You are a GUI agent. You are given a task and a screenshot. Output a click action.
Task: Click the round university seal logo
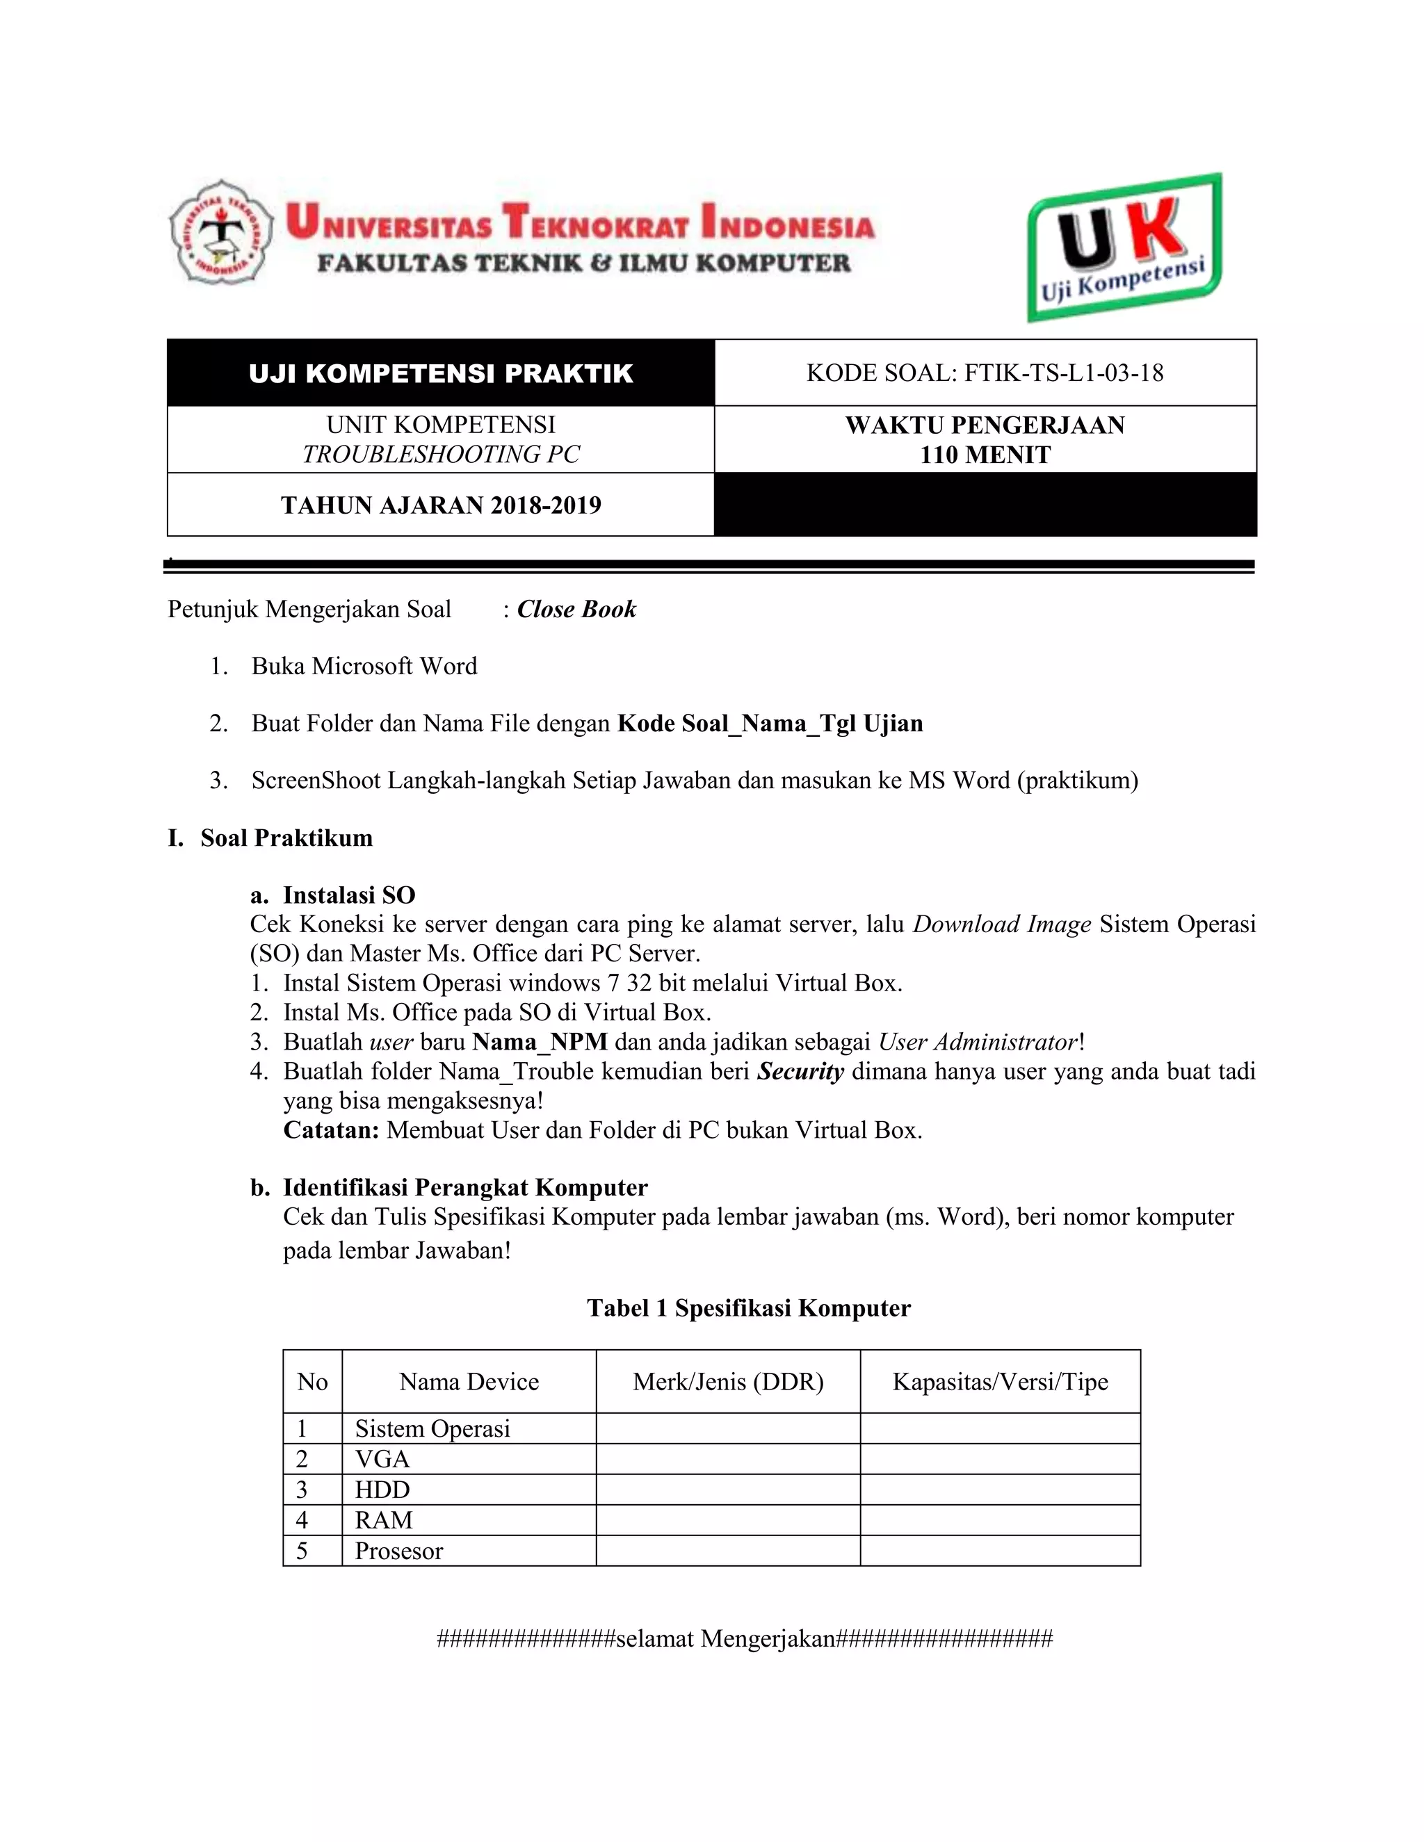point(222,232)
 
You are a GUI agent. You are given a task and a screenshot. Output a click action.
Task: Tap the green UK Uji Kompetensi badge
point(1124,247)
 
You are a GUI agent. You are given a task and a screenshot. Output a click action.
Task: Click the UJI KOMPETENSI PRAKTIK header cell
point(440,374)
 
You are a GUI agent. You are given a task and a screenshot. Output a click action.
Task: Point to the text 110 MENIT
point(985,455)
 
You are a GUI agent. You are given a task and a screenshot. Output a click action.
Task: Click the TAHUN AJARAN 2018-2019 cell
point(440,505)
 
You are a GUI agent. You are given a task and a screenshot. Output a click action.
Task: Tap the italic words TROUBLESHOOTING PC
point(440,454)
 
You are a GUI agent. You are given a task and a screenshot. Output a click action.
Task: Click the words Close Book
point(576,609)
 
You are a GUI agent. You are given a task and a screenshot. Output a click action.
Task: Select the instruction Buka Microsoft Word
point(364,667)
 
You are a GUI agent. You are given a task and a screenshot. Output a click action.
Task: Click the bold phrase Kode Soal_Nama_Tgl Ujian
point(770,724)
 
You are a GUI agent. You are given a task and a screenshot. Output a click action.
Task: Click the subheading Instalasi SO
point(348,895)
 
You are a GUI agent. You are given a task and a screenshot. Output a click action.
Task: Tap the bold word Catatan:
point(331,1130)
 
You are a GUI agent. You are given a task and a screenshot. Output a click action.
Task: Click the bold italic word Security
point(800,1071)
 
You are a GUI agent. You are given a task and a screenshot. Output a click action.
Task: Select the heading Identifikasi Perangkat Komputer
point(465,1187)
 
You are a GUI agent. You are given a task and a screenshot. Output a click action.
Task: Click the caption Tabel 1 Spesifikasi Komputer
point(748,1308)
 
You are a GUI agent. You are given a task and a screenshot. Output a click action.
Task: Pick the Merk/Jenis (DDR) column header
point(727,1382)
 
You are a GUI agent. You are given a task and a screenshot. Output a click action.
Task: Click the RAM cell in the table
point(384,1519)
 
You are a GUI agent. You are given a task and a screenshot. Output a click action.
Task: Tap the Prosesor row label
point(398,1551)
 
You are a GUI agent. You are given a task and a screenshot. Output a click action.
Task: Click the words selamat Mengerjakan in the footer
point(725,1639)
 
